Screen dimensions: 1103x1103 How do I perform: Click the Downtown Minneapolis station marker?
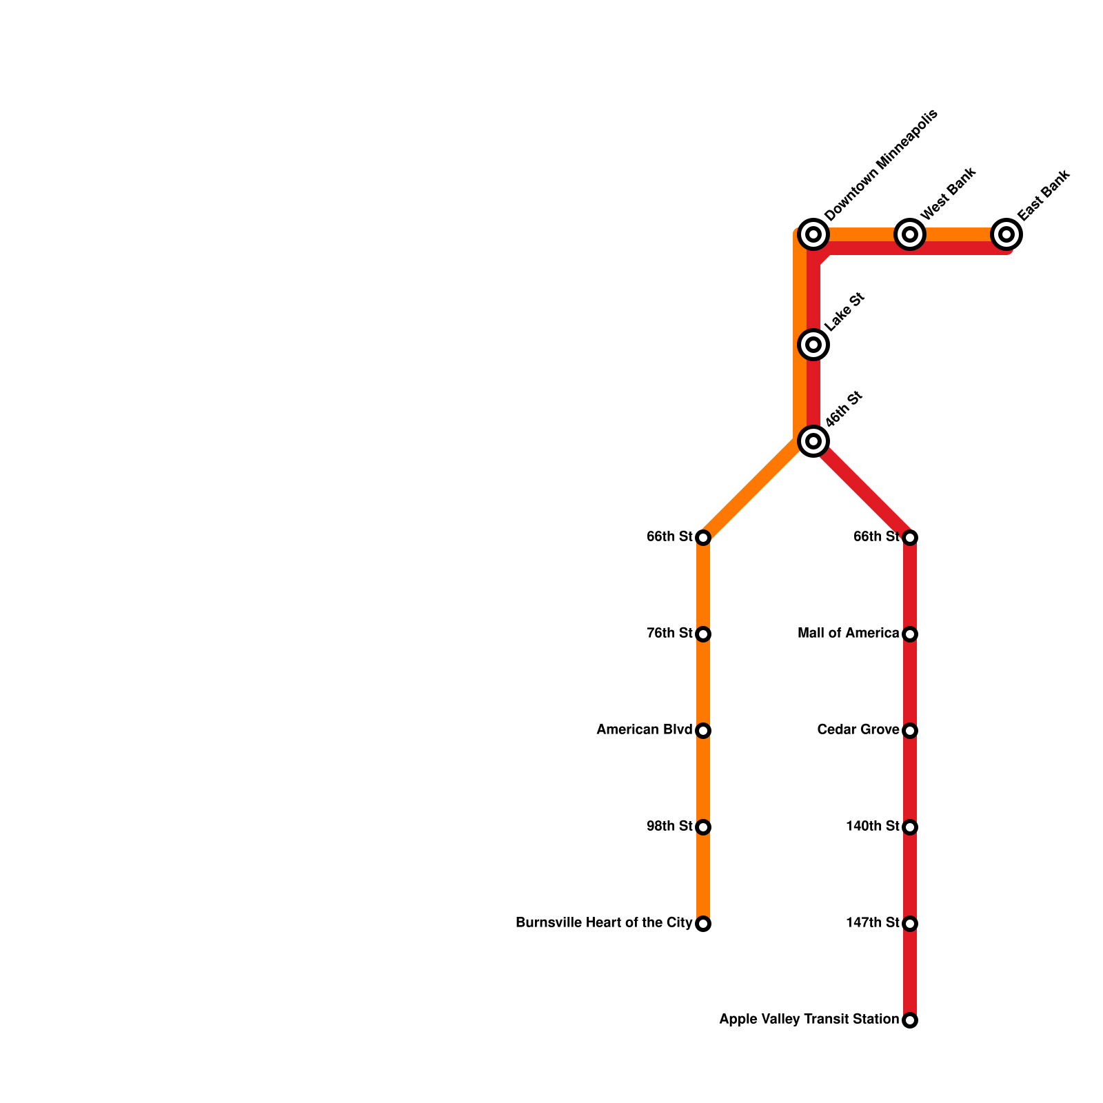813,234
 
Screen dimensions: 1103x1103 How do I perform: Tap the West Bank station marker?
910,234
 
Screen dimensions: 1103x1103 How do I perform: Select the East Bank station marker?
1006,234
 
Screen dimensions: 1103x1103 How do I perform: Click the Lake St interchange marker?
813,344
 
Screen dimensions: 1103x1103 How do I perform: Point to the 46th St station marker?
813,441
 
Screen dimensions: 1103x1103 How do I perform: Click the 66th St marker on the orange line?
703,537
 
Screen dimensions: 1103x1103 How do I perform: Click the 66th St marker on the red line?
910,537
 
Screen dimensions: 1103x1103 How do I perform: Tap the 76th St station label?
669,634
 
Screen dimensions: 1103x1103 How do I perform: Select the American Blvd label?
644,730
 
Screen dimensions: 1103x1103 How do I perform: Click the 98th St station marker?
703,827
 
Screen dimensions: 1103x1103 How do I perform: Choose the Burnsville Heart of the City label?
604,923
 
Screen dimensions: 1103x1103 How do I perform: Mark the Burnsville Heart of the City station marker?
703,924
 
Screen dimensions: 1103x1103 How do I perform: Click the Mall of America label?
848,634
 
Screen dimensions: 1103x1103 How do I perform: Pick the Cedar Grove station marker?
910,730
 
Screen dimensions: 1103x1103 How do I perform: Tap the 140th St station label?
872,827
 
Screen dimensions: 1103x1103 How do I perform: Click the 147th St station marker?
910,923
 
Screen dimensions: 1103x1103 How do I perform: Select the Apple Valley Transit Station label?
809,1020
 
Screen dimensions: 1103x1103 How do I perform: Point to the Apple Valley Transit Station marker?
910,1020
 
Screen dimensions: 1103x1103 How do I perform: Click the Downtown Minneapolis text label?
881,165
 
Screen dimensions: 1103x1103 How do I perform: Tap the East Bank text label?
1044,195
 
